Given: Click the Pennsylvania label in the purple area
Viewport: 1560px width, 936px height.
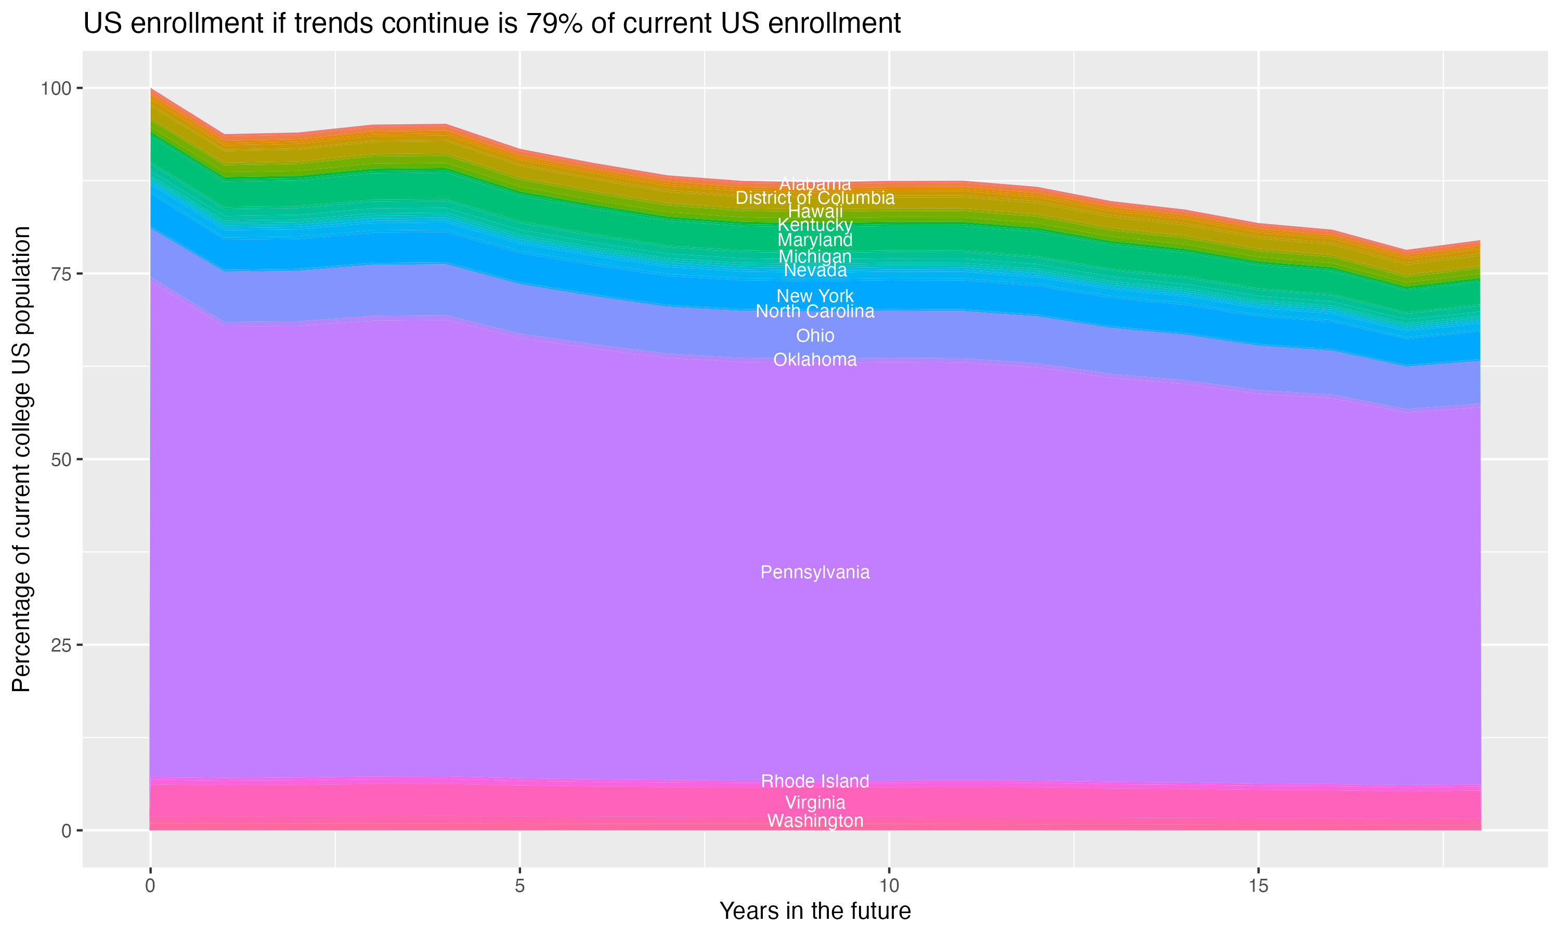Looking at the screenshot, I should click(x=815, y=572).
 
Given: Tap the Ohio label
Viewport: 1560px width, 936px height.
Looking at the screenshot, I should click(x=815, y=335).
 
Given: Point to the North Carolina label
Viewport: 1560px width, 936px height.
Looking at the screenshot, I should click(x=815, y=311).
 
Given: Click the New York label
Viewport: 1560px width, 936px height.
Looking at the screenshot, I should click(x=815, y=295).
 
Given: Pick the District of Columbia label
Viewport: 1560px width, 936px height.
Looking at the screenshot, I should click(x=815, y=198).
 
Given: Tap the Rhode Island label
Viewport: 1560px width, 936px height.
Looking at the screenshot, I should click(x=815, y=781).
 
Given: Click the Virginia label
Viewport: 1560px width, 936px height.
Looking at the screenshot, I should click(x=815, y=802).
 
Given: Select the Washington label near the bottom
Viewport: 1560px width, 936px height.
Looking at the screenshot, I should click(x=815, y=821).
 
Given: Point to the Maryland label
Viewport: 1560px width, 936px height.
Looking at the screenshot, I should click(x=815, y=240).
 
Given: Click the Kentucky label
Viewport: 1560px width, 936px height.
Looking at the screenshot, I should click(x=815, y=225).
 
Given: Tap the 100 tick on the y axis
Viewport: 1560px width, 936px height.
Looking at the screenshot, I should click(x=56, y=88).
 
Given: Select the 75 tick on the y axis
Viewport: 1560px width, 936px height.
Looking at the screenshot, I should click(x=60, y=274).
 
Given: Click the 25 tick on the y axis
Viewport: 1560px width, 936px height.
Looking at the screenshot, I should click(x=60, y=645).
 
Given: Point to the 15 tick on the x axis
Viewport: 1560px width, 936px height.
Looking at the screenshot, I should click(x=1258, y=886).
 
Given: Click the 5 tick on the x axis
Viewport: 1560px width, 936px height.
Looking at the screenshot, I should click(x=519, y=886).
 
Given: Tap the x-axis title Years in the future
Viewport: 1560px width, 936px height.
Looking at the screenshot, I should click(x=815, y=911).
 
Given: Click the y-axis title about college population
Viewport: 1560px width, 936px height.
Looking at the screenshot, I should click(x=21, y=459).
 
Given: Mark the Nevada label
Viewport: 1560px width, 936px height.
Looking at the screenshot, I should click(x=815, y=270).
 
